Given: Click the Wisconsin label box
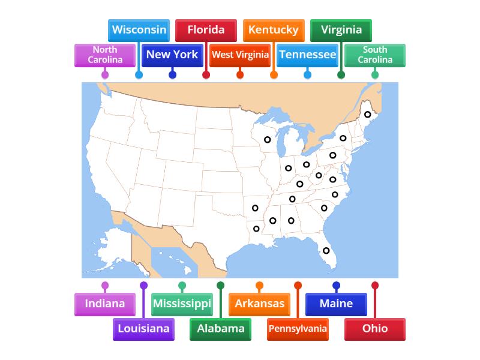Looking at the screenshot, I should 139,30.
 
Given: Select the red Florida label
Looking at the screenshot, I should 206,30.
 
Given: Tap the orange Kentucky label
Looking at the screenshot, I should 273,30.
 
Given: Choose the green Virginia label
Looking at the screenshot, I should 341,30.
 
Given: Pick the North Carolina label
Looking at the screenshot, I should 105,55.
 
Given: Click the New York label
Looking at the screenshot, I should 172,55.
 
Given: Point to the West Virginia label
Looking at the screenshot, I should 240,55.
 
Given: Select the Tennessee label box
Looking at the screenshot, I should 307,55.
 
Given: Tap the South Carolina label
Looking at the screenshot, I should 375,55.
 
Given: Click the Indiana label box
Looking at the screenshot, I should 105,304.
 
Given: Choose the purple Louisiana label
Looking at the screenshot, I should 143,328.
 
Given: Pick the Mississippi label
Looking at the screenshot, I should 182,304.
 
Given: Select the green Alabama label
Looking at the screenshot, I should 220,328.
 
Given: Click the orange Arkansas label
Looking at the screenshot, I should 259,304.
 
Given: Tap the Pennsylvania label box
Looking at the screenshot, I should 298,328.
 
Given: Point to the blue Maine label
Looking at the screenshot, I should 336,304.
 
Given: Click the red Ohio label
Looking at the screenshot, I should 375,328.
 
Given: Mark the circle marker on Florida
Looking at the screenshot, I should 326,251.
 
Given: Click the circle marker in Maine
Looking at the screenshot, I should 368,115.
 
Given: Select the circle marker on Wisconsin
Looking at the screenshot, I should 267,140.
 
